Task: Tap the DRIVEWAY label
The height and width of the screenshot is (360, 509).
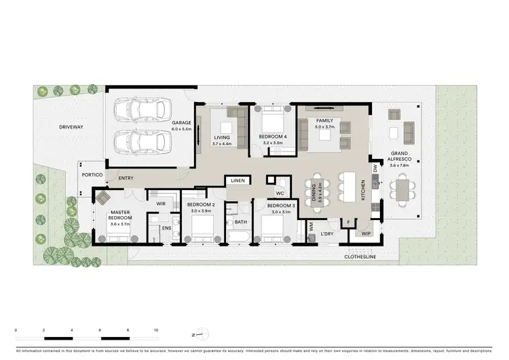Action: (71, 127)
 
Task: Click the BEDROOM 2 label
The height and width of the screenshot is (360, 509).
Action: (201, 204)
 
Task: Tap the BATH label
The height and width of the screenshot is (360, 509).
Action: (240, 221)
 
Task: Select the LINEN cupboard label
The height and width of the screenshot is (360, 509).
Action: (237, 181)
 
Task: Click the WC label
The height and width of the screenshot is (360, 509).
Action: (279, 192)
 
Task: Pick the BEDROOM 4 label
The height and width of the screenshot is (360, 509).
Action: (273, 137)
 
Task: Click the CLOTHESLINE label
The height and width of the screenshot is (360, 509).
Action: (360, 257)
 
